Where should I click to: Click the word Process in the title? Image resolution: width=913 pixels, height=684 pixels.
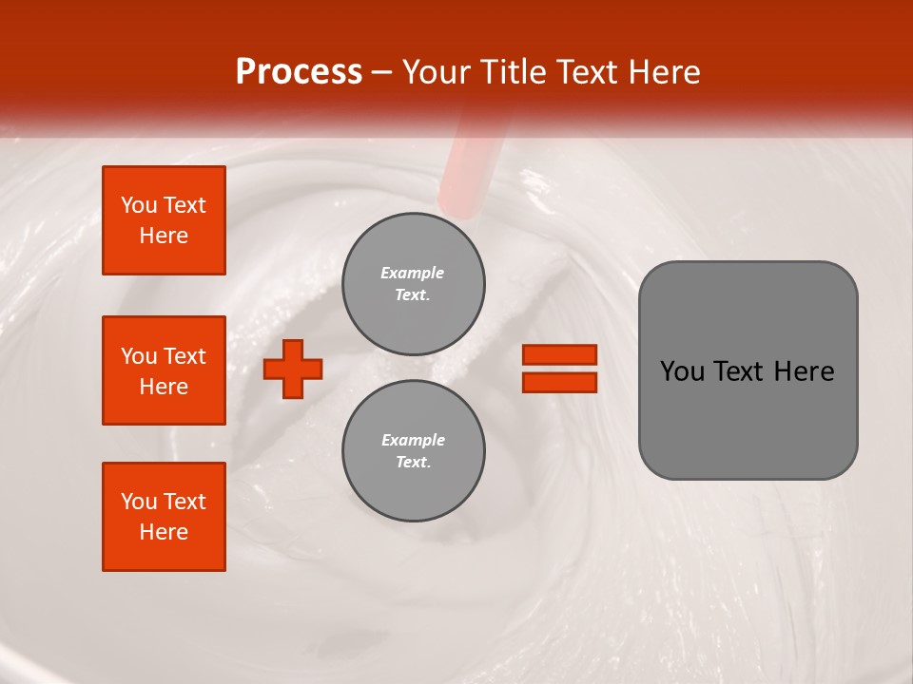tap(299, 72)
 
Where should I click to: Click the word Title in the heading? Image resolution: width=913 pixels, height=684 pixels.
tap(515, 72)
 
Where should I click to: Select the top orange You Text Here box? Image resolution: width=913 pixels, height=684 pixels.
tap(164, 220)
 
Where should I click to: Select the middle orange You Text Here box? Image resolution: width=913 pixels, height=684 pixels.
tap(164, 370)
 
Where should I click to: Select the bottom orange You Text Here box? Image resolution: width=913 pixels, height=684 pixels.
tap(164, 517)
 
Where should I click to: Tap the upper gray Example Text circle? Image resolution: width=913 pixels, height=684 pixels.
tap(414, 284)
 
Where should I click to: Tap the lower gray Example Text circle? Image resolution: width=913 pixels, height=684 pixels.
tap(414, 451)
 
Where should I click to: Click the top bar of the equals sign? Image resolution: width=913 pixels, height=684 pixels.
tap(559, 354)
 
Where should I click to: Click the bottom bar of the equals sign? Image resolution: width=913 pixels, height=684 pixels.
tap(559, 382)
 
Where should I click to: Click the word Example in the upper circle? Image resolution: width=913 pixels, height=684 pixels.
tap(413, 273)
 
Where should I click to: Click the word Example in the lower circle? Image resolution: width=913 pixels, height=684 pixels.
tap(413, 440)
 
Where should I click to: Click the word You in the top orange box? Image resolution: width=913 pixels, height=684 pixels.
tap(139, 205)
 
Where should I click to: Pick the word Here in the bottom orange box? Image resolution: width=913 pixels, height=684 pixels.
tap(164, 532)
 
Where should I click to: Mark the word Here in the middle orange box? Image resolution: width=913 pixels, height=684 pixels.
tap(164, 387)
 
